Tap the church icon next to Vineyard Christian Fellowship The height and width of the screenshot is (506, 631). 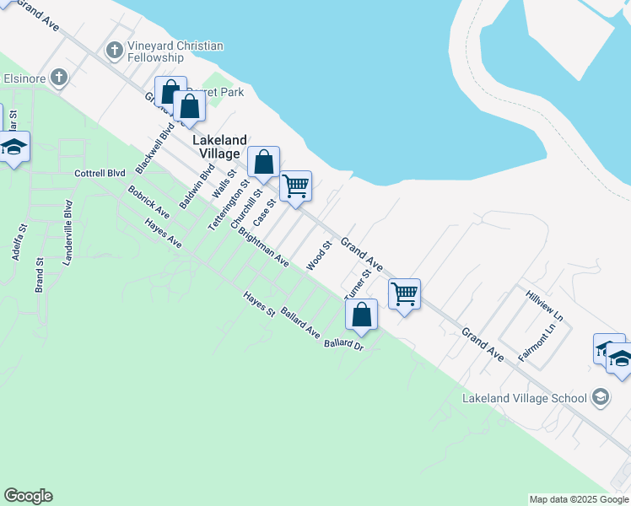point(115,51)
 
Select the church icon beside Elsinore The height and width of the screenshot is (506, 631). point(58,78)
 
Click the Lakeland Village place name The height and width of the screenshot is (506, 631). point(219,147)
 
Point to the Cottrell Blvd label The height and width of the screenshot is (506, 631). point(100,174)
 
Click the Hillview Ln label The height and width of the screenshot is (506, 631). point(544,306)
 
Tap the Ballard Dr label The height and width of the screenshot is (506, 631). point(343,344)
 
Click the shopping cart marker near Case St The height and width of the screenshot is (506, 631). point(295,186)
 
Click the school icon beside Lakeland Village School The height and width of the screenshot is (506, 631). point(601,397)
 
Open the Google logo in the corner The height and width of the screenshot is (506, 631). point(28,496)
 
